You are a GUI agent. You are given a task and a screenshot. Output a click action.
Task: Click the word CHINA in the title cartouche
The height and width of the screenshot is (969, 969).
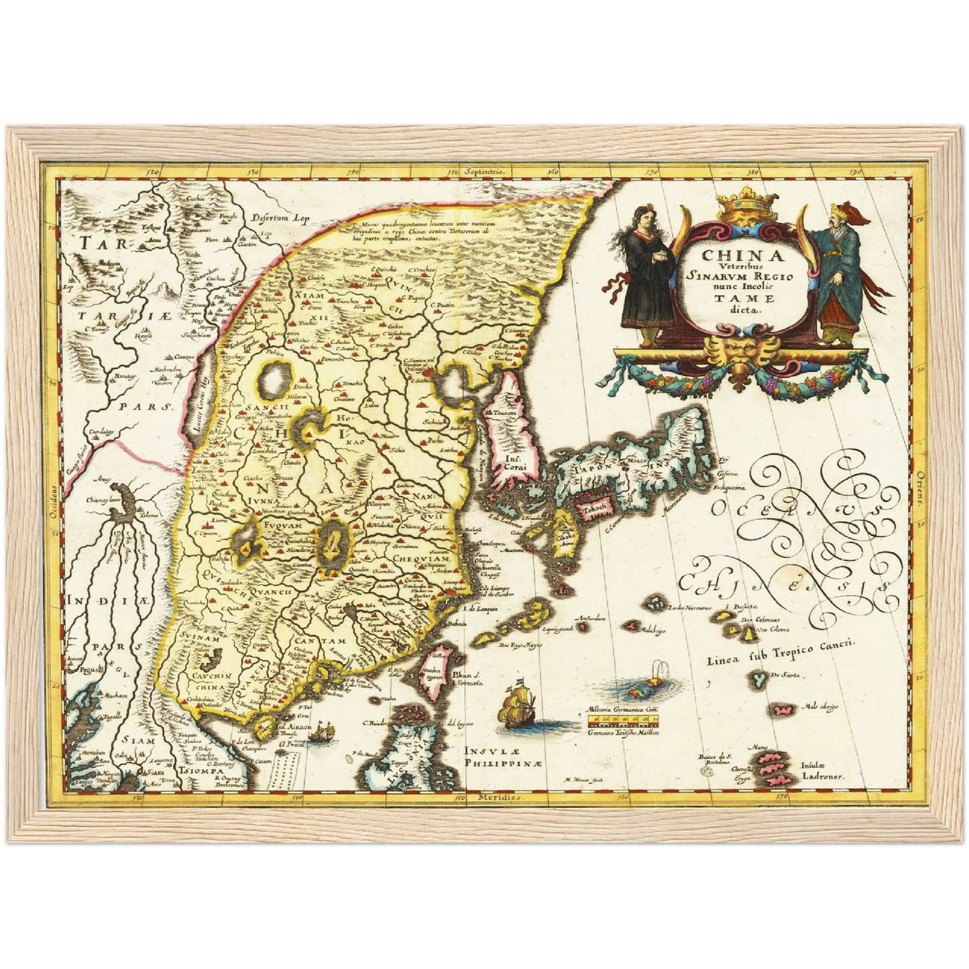733,255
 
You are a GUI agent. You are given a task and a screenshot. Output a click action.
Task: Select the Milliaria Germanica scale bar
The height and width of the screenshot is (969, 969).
622,721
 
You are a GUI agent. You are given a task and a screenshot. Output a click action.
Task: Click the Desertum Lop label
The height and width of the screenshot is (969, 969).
274,218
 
